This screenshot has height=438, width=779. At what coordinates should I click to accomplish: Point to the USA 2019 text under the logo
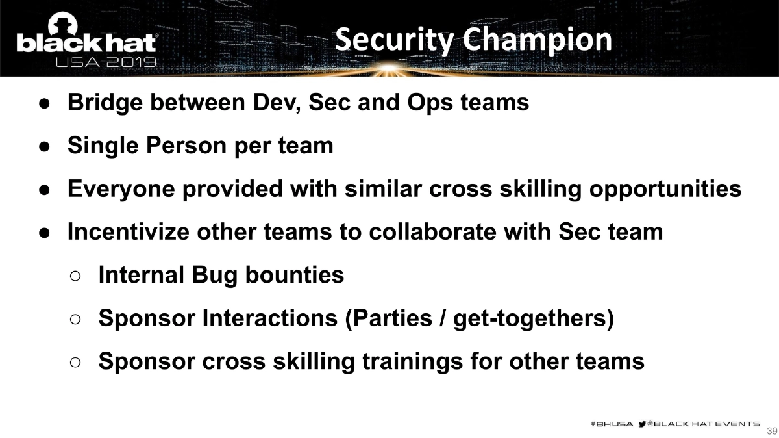[106, 63]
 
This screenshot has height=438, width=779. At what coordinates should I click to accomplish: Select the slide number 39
[772, 432]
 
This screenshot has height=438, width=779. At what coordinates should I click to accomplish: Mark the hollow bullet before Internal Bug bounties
[75, 276]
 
